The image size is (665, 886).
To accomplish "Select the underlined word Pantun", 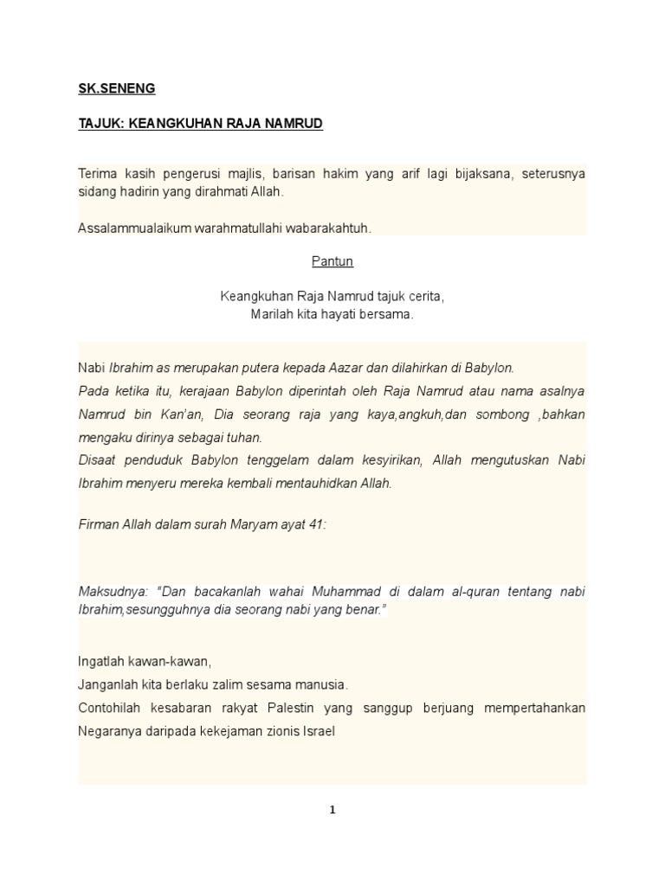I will click(x=332, y=262).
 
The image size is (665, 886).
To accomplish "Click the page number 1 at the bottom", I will click(x=332, y=811).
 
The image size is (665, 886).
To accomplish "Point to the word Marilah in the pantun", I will click(x=271, y=314).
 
